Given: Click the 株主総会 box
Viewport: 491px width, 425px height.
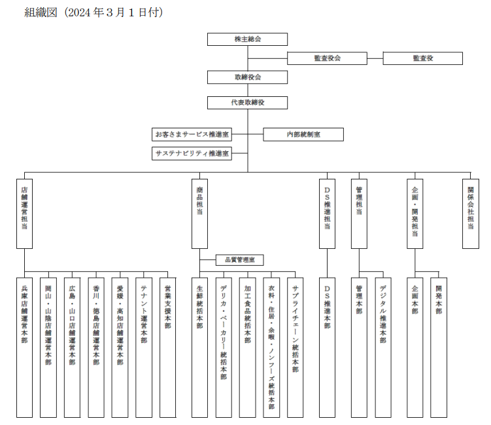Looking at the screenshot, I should [247, 39].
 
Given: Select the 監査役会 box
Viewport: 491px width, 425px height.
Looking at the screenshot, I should [327, 58].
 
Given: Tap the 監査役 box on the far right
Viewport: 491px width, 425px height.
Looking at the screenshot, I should [422, 58].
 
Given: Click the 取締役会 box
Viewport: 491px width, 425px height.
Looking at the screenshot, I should [247, 77].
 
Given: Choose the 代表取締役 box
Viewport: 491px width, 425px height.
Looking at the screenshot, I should [247, 103].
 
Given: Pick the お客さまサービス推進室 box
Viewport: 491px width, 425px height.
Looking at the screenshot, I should [192, 134].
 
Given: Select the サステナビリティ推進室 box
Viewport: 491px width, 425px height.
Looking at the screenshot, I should [192, 154].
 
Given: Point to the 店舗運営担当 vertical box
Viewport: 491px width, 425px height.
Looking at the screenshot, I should [24, 213].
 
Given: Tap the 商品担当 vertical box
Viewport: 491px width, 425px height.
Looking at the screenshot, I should [199, 213].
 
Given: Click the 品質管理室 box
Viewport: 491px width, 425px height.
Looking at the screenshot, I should [239, 260].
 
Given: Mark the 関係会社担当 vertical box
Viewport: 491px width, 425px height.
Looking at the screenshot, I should [470, 213].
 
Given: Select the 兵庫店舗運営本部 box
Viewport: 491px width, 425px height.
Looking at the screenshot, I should [24, 347].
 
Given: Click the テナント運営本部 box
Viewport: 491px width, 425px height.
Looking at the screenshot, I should [144, 347].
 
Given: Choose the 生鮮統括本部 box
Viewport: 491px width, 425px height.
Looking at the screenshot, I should [199, 347].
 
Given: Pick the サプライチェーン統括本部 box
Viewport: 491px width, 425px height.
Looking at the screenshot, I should [295, 347].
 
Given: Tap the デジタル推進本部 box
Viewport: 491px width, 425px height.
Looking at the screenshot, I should [382, 347].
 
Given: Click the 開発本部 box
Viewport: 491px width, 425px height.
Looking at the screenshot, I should [438, 347].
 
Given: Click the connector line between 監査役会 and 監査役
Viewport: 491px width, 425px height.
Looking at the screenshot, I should [375, 58].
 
